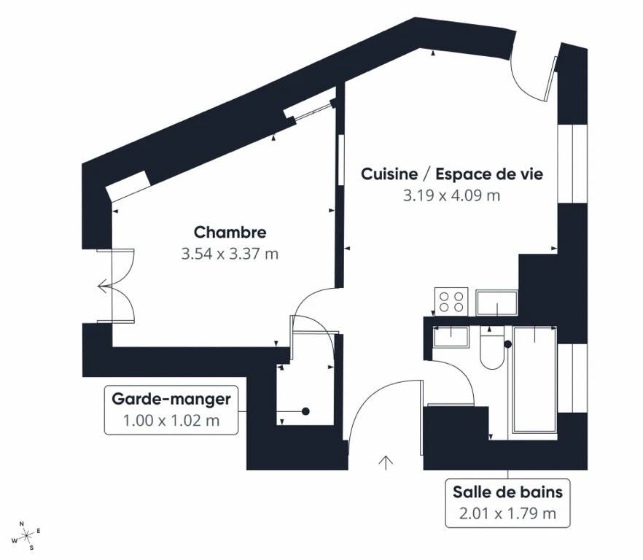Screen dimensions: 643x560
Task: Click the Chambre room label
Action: point(230,232)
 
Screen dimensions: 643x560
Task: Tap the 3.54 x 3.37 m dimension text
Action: point(230,254)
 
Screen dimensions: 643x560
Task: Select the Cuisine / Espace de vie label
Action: point(452,174)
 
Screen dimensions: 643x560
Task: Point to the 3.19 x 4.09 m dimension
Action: point(451,195)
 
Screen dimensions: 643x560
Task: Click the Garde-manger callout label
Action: point(171,399)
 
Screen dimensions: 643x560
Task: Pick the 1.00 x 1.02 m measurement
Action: point(171,421)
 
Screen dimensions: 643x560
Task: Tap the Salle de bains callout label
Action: point(507,492)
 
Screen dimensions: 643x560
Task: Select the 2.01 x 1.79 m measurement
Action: point(507,513)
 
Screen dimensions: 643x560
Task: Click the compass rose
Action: point(27,535)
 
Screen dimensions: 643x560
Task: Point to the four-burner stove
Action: point(451,302)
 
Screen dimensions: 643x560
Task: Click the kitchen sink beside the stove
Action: point(496,303)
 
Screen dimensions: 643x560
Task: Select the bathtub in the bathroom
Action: point(534,379)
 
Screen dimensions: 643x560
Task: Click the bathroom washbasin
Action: point(451,337)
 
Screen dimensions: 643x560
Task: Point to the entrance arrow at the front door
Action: point(386,462)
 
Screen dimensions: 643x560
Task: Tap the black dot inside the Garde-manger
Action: point(305,411)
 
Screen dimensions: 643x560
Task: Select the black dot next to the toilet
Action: point(507,344)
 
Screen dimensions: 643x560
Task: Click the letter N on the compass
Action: point(22,524)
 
